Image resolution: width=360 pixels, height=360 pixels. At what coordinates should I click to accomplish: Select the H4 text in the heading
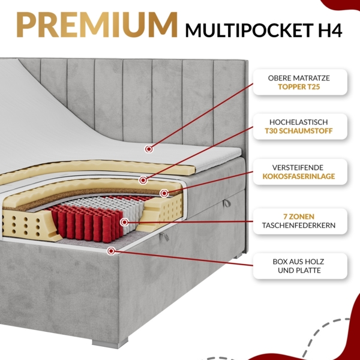[328, 31]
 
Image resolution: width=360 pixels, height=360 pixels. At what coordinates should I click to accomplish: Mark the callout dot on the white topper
[148, 148]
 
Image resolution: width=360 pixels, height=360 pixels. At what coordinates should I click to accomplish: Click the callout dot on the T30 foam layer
[143, 179]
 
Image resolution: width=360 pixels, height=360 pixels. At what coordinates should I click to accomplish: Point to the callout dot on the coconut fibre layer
[163, 193]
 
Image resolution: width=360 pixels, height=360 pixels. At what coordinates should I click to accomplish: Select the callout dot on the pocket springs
[124, 221]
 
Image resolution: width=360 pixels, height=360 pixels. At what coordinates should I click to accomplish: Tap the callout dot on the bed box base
[109, 250]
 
